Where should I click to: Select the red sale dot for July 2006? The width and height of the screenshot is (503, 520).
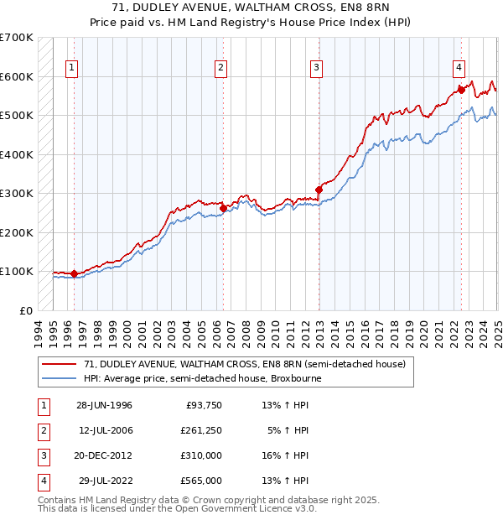pyautogui.click(x=223, y=208)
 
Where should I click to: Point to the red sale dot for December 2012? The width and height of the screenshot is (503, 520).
pyautogui.click(x=319, y=190)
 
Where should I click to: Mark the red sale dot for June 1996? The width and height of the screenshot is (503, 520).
pyautogui.click(x=74, y=273)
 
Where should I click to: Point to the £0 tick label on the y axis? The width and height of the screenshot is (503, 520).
pyautogui.click(x=25, y=310)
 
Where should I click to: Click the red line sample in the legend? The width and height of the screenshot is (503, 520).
pyautogui.click(x=60, y=365)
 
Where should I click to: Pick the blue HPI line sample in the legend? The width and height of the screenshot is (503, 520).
pyautogui.click(x=60, y=378)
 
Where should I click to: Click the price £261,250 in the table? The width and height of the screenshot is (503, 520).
pyautogui.click(x=202, y=430)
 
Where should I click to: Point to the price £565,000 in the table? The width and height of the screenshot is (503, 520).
pyautogui.click(x=202, y=481)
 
